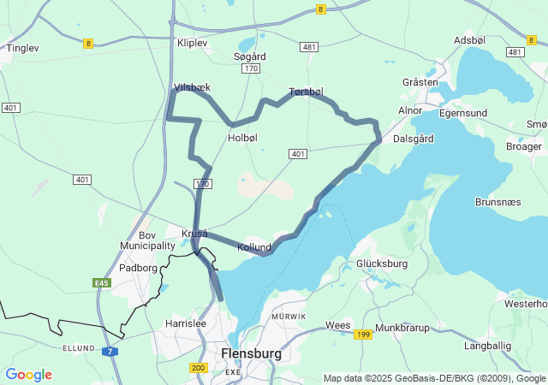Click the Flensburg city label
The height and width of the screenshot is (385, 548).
[x=251, y=352]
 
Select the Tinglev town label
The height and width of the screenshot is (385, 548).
[x=23, y=49]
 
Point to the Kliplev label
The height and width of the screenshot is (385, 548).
[x=192, y=42]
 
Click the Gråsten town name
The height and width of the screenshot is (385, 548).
[x=420, y=82]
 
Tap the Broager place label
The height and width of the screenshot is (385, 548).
[x=524, y=146]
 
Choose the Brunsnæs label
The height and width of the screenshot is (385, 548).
[x=499, y=202]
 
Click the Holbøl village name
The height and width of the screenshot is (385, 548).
[x=242, y=138]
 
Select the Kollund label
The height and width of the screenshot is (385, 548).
[x=254, y=247]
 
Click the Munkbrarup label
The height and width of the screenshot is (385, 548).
[x=402, y=327]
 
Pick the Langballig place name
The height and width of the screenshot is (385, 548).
[x=487, y=346]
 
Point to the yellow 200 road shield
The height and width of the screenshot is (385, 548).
[x=199, y=368]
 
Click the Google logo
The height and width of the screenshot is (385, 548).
[x=28, y=375]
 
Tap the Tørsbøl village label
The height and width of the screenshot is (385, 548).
[x=306, y=92]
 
